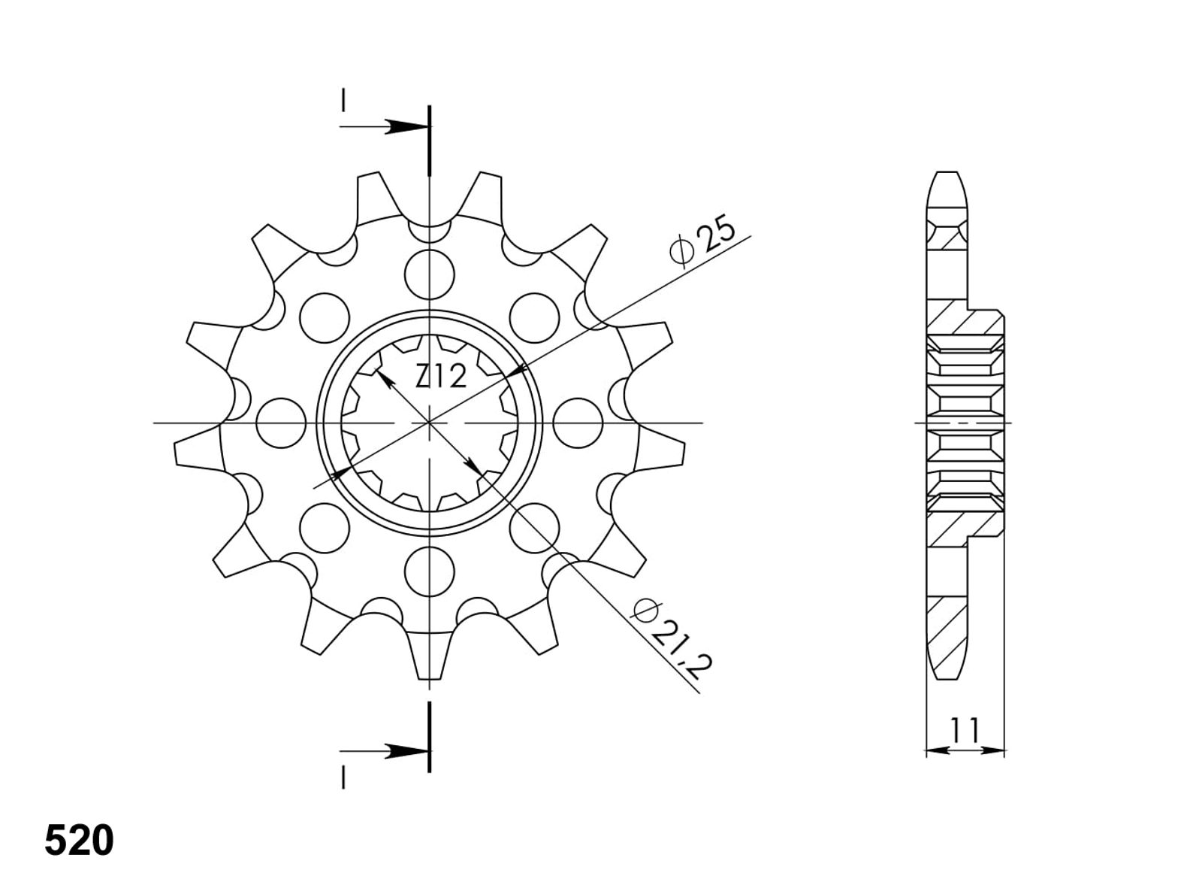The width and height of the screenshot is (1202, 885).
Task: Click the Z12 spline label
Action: (x=440, y=376)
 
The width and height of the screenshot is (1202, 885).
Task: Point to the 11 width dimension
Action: (x=965, y=729)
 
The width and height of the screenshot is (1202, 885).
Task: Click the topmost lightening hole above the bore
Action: (x=429, y=274)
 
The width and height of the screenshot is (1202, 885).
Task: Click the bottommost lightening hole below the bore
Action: (x=429, y=571)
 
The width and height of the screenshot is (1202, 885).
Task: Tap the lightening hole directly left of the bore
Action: (x=281, y=423)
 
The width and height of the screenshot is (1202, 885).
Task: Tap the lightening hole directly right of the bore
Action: (x=578, y=423)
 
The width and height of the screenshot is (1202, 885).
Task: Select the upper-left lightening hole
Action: (x=325, y=318)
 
